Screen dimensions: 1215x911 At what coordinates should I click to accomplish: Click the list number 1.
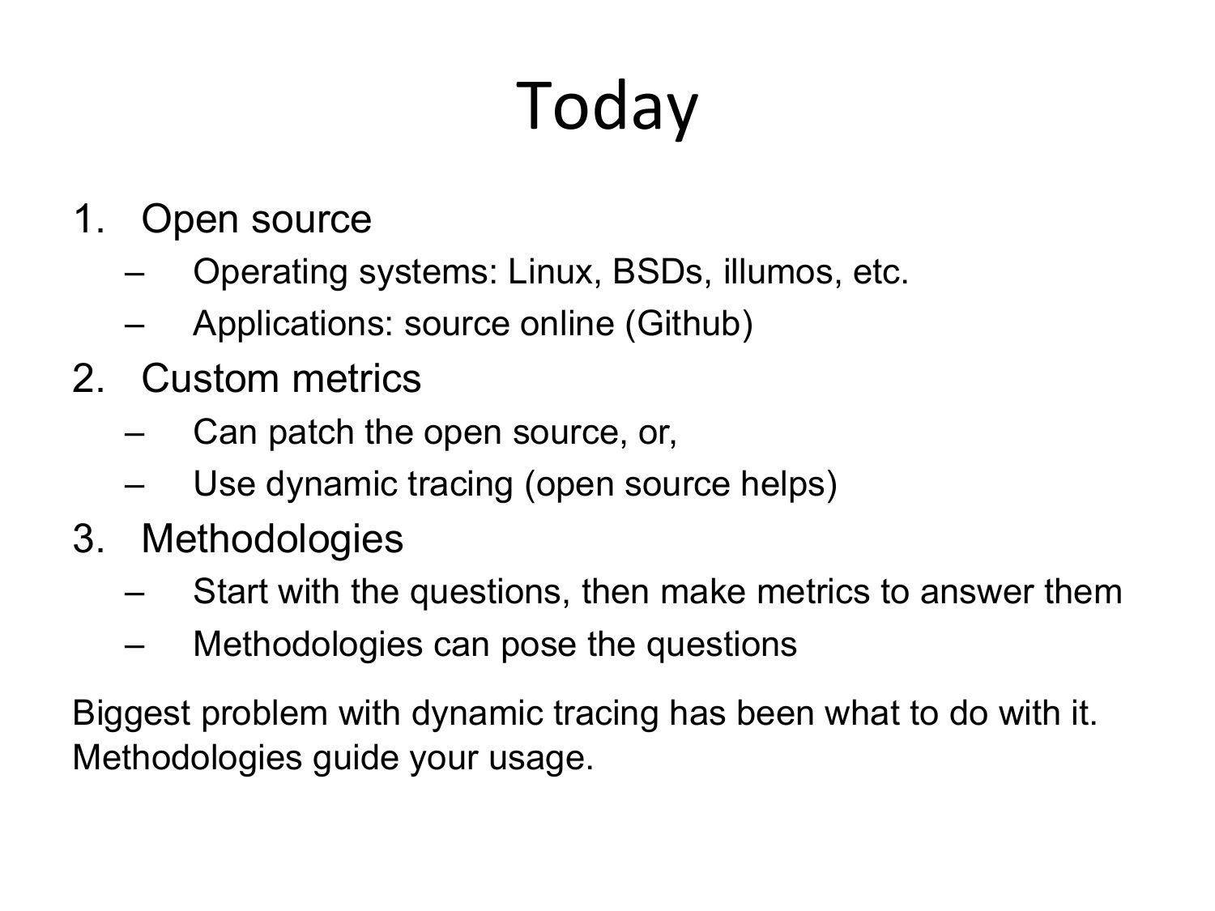pos(88,219)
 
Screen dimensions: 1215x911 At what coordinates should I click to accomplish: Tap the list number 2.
pos(88,379)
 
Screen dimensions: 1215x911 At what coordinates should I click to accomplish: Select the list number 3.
pos(88,539)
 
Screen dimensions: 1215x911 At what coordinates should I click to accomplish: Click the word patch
pos(311,432)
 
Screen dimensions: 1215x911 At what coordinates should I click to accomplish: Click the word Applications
pos(293,324)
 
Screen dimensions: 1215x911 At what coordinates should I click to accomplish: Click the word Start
pos(230,592)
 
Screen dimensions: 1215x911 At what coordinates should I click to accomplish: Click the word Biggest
pos(131,713)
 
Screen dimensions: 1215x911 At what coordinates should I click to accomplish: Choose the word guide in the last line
pos(355,758)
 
